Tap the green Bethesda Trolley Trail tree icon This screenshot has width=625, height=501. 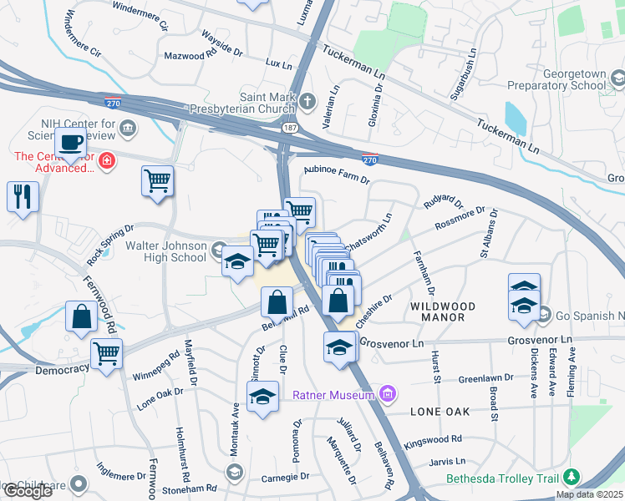pyautogui.click(x=572, y=478)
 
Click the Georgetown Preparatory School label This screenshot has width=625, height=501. pyautogui.click(x=574, y=79)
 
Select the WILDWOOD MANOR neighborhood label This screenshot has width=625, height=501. pyautogui.click(x=443, y=306)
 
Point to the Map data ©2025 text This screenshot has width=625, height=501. pyautogui.click(x=589, y=494)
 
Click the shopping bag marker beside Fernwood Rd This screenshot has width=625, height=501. pyautogui.click(x=82, y=317)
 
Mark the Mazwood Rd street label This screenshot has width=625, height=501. pyautogui.click(x=191, y=56)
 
